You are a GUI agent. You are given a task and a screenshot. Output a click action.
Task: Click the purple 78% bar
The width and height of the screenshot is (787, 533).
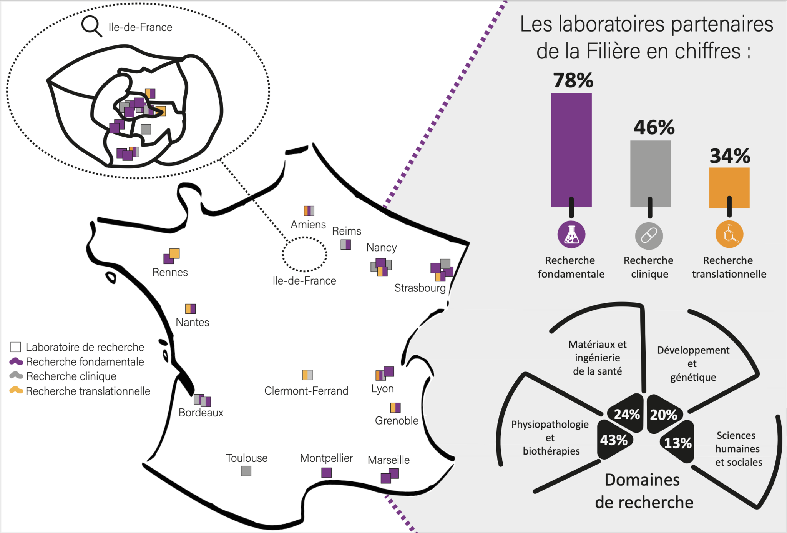(571, 150)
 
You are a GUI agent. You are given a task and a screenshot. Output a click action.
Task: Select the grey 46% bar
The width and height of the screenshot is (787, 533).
(650, 173)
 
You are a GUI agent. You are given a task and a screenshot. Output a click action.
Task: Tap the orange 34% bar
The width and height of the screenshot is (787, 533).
(729, 187)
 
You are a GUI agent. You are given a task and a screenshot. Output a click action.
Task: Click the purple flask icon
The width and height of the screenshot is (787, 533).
(571, 234)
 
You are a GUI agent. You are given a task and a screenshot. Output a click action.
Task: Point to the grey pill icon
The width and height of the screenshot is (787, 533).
(649, 235)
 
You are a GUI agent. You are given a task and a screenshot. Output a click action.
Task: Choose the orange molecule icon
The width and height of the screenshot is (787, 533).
(729, 234)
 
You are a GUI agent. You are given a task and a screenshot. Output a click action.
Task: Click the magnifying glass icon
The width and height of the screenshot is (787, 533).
(91, 26)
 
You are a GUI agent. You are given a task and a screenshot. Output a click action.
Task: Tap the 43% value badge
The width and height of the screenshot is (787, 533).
(614, 440)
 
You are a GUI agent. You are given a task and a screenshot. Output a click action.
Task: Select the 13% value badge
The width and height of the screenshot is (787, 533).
(678, 443)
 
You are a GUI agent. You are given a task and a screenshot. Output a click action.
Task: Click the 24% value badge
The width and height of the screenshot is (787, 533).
(627, 414)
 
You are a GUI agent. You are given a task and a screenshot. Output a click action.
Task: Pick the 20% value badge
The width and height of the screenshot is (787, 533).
(664, 415)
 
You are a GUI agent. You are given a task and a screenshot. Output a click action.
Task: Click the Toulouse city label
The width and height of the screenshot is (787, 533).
(247, 458)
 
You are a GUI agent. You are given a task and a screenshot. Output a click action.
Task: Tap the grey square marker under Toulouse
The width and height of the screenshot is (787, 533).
(246, 471)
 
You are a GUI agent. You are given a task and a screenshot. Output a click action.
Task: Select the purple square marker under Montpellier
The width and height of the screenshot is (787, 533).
(326, 472)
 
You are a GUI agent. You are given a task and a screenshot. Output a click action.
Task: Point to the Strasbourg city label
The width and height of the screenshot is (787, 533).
(420, 288)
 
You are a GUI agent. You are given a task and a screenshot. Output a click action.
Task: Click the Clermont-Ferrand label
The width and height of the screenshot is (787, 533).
(306, 391)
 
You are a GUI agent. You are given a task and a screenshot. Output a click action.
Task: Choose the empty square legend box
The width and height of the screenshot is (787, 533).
(15, 347)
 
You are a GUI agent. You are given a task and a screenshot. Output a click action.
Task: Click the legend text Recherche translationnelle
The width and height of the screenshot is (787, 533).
(88, 391)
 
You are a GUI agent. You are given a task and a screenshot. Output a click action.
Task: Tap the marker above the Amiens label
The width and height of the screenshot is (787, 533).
(309, 211)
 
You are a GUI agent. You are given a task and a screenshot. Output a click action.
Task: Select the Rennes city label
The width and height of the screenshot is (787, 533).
(170, 272)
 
